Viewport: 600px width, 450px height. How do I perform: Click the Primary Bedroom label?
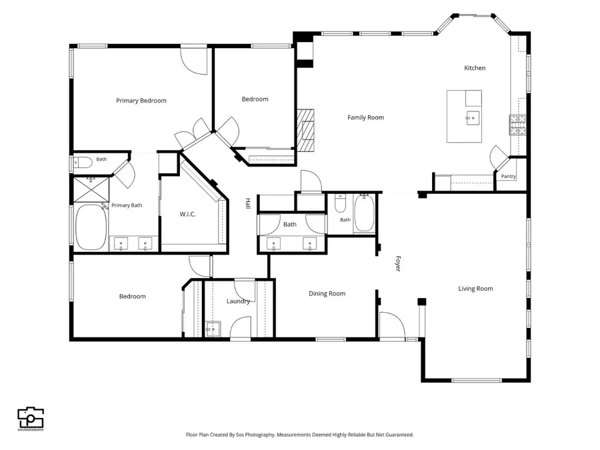(x=141, y=101)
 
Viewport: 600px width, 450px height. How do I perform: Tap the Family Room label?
(x=365, y=117)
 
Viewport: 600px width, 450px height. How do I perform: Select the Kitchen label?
(x=475, y=68)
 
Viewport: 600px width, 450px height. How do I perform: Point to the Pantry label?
(x=508, y=176)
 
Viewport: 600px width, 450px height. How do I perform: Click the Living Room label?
(x=475, y=289)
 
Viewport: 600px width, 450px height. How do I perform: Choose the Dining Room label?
(x=327, y=293)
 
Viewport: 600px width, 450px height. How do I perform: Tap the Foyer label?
(x=398, y=263)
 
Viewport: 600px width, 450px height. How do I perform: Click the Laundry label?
(x=238, y=301)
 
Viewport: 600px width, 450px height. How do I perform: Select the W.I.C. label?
(x=187, y=214)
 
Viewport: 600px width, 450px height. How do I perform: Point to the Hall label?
(x=247, y=203)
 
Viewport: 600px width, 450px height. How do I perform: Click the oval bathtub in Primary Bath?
(x=91, y=227)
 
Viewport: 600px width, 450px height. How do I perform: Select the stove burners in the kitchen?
(x=517, y=125)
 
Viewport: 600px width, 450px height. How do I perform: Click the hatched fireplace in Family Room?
(x=306, y=131)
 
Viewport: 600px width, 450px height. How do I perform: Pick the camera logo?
(x=31, y=418)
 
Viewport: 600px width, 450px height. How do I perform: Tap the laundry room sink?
(x=213, y=329)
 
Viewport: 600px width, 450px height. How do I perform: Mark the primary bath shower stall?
(x=91, y=189)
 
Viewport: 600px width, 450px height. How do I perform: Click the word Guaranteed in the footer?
(x=400, y=435)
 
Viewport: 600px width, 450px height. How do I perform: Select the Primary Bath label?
(x=127, y=205)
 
